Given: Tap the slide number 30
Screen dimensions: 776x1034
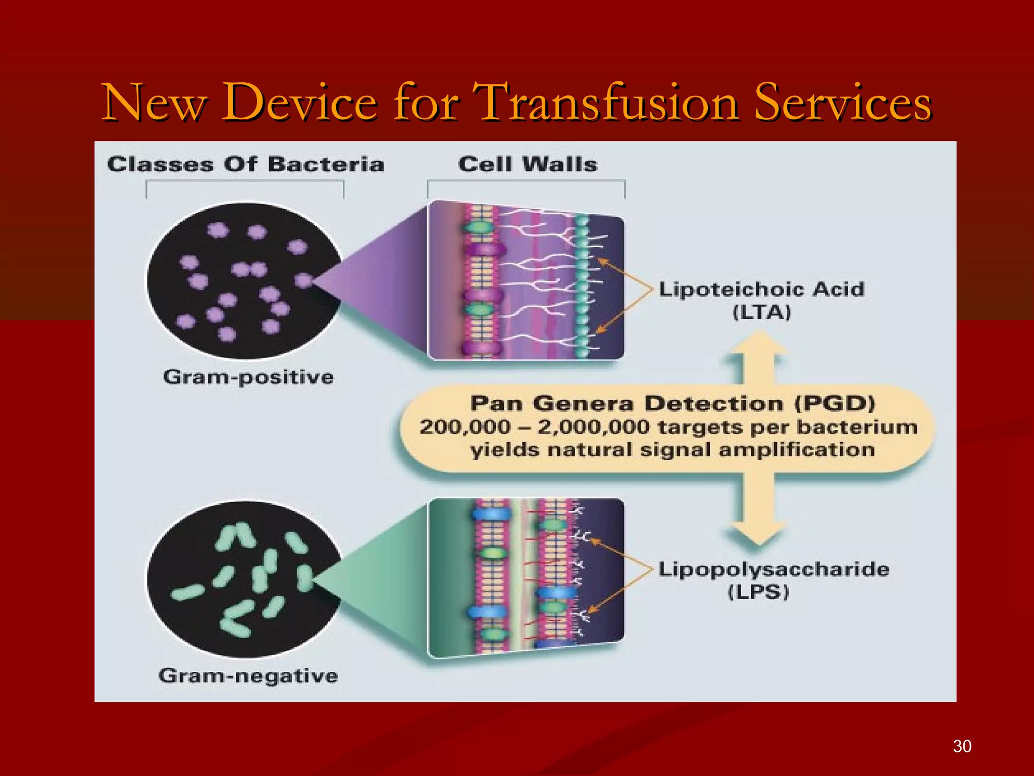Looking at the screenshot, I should [962, 746].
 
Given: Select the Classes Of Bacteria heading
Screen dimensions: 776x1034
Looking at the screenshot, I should [246, 165].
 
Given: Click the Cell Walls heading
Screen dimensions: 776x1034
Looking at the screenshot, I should [528, 164].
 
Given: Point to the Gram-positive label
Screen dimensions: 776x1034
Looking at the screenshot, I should [248, 377].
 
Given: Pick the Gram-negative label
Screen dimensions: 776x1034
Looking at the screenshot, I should [248, 675].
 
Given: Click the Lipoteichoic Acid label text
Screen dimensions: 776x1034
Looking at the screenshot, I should [761, 289].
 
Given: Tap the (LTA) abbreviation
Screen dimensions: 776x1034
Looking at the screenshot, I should [761, 312].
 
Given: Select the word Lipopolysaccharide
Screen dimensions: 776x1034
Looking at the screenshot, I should [773, 569].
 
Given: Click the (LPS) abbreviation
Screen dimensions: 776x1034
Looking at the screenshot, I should [758, 592].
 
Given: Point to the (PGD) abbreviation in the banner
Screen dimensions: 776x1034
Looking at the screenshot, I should [835, 404].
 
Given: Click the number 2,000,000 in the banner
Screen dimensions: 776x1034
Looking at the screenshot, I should [593, 427].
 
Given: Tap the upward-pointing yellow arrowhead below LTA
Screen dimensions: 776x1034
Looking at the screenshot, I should [759, 346].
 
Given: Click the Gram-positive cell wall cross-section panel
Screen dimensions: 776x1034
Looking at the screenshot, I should [525, 280].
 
